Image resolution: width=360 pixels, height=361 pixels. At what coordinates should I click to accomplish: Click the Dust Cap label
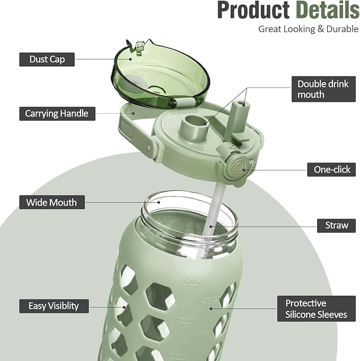point(47,59)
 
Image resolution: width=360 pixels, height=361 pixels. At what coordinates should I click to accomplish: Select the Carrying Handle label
point(57,114)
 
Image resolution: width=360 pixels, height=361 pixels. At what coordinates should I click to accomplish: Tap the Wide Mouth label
point(52,202)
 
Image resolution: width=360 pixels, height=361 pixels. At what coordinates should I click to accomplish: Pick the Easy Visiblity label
point(54,306)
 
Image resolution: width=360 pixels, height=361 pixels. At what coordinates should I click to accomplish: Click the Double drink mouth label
point(323,89)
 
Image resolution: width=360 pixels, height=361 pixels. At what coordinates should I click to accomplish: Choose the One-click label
point(331,170)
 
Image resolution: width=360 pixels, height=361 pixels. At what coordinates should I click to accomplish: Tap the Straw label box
point(336,226)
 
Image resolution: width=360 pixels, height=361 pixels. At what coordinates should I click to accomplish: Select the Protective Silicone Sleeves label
point(317,309)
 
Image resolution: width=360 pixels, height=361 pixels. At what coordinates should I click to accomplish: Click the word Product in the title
point(253,10)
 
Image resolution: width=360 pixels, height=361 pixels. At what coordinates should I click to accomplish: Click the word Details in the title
point(328,10)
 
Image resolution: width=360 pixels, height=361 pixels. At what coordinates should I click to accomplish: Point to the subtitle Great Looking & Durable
point(308,29)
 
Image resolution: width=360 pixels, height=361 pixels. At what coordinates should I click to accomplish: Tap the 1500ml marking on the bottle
point(192,281)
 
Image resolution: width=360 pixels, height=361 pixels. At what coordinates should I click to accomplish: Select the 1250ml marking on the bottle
point(185,320)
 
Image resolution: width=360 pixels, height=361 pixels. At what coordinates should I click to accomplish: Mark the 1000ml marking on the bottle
point(178,356)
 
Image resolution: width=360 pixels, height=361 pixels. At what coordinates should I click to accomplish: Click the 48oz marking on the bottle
point(210,302)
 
